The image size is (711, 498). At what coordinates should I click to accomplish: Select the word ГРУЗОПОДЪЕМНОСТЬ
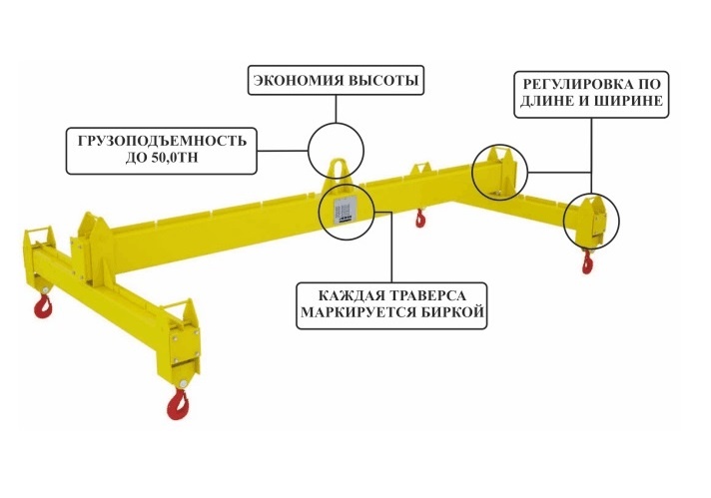click(x=161, y=140)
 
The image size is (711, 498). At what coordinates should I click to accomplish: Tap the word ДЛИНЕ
click(x=544, y=101)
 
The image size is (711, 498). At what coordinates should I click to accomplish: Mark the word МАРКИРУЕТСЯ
click(x=355, y=315)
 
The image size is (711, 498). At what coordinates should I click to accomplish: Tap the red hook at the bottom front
click(x=180, y=401)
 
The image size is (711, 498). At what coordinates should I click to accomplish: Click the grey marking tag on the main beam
click(x=344, y=209)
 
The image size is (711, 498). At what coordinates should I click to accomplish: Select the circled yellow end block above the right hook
click(x=587, y=219)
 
